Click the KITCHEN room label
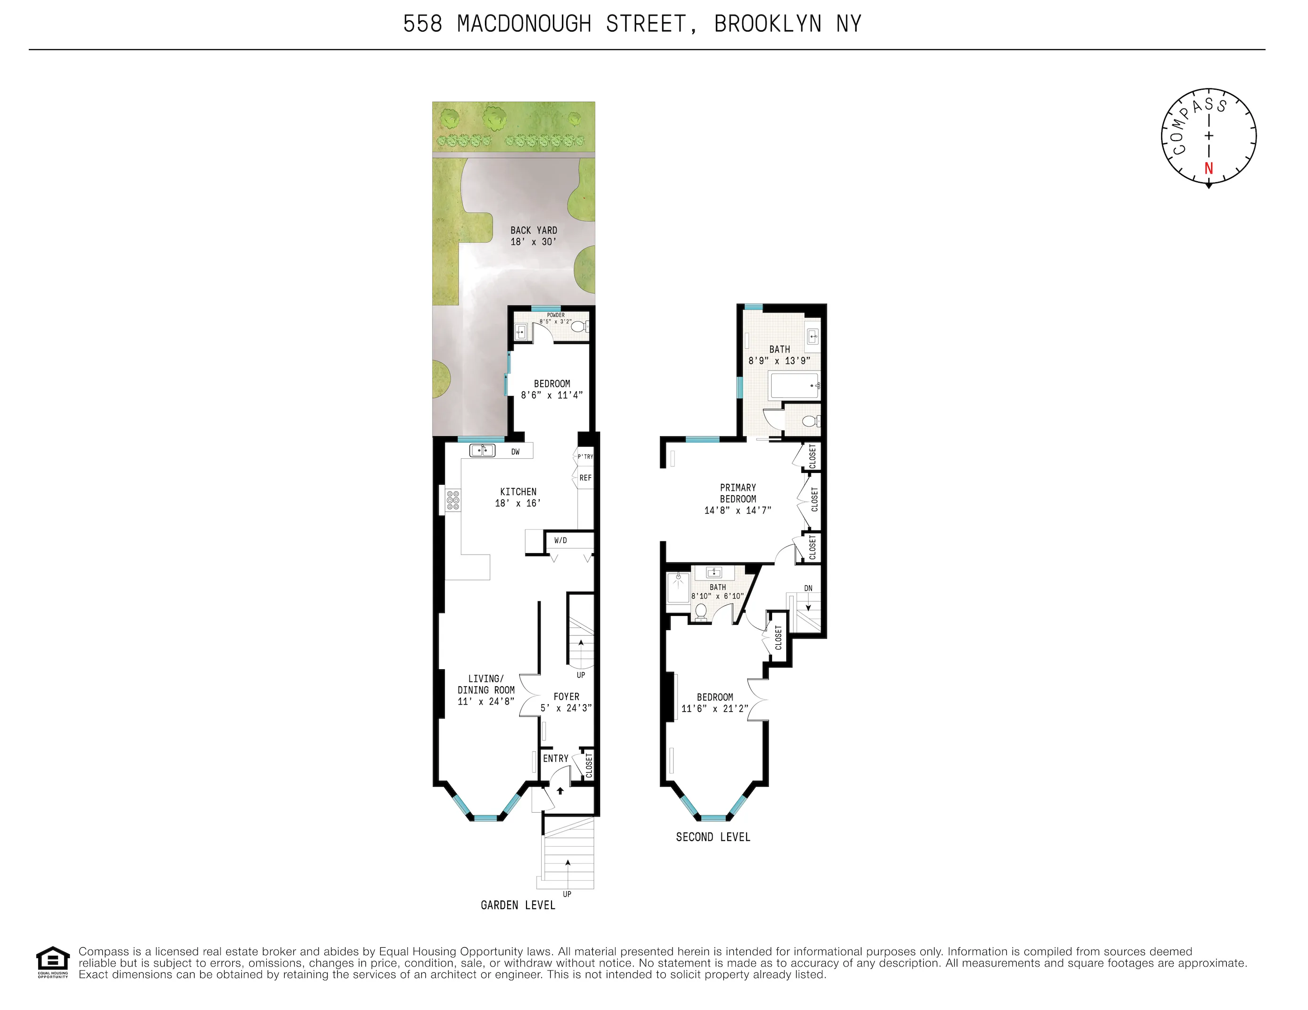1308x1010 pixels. click(518, 491)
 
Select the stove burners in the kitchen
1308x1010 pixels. click(453, 500)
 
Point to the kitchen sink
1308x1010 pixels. click(482, 450)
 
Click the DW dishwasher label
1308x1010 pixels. click(515, 452)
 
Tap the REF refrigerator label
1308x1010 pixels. click(585, 478)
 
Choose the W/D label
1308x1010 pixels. click(560, 540)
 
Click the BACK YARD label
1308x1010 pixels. click(533, 230)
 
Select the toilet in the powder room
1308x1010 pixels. click(579, 326)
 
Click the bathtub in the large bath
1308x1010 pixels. click(794, 386)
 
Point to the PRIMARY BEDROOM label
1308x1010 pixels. click(738, 493)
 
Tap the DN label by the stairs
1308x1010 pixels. click(808, 588)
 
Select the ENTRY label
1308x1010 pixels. click(555, 758)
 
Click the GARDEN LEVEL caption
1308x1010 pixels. click(518, 905)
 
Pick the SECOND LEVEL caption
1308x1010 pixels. click(713, 837)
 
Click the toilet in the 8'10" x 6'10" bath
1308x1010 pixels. click(700, 611)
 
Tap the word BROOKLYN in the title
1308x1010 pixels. click(768, 24)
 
